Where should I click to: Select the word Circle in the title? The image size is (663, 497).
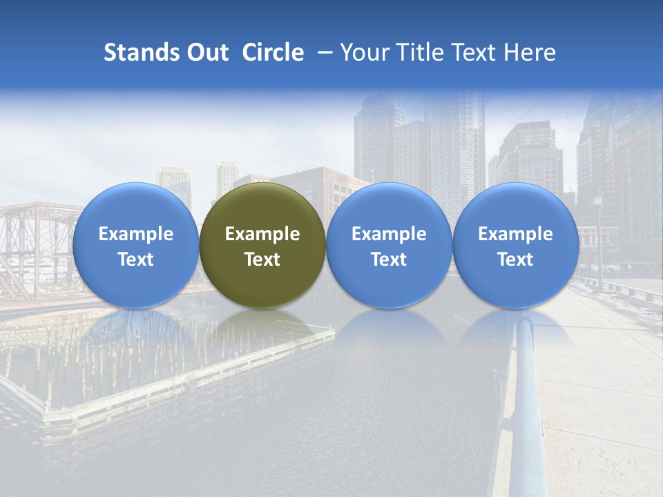[x=273, y=52]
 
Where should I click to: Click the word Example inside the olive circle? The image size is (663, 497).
[x=262, y=234]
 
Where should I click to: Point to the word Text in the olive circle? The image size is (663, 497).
[x=262, y=260]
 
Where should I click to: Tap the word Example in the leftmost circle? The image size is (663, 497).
[x=135, y=234]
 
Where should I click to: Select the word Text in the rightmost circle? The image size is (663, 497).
[x=515, y=260]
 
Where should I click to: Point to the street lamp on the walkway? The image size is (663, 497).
[x=598, y=235]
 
